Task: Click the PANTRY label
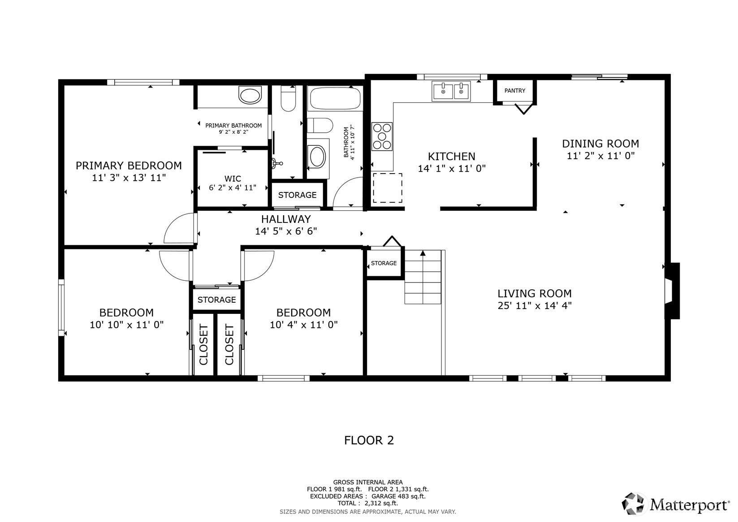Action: tap(514, 90)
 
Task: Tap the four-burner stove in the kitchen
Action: tap(382, 136)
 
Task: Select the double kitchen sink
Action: tap(451, 91)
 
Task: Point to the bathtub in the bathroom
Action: tap(335, 98)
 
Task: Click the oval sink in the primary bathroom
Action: tap(250, 96)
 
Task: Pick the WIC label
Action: tap(233, 179)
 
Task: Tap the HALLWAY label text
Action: tap(286, 219)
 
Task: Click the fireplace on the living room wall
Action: tap(672, 291)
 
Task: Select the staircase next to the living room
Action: tap(423, 277)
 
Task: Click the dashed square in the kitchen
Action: tap(388, 188)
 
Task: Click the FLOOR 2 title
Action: tap(369, 440)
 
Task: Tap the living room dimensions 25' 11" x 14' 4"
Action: tap(535, 306)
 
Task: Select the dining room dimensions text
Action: tap(600, 156)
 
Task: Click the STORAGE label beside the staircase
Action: tap(384, 263)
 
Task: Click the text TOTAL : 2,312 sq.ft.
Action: tap(368, 503)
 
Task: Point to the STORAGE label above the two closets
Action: tap(217, 300)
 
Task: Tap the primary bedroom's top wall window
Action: tap(143, 82)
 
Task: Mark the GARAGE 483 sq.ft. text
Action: tap(398, 496)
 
